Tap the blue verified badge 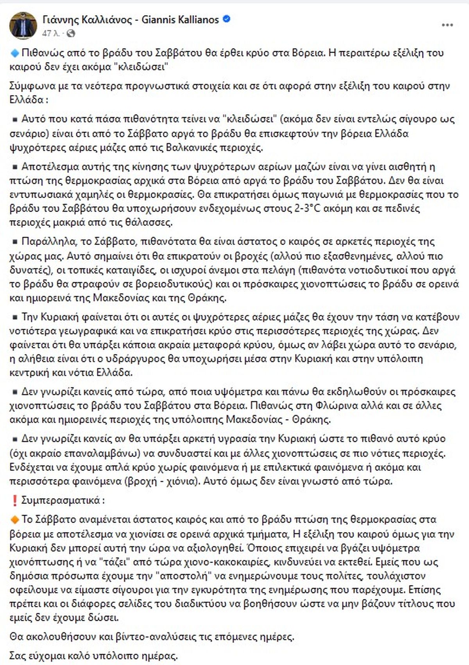coord(226,19)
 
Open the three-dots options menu coord(447,25)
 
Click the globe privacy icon coord(71,34)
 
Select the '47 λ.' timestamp coord(51,34)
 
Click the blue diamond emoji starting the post coord(14,52)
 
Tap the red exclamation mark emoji coord(14,501)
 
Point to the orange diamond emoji coord(14,519)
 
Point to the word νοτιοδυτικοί coord(378,270)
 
